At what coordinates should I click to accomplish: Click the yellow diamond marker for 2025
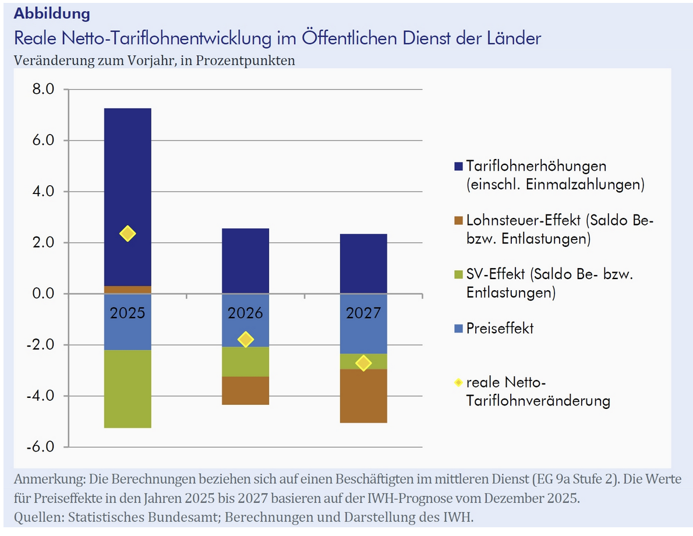point(128,234)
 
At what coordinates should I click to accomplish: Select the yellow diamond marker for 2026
point(246,339)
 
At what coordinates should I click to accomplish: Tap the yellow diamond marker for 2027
point(363,363)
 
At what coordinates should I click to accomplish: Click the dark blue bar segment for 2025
point(128,175)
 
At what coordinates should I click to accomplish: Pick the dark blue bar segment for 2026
point(246,260)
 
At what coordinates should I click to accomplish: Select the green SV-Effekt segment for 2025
point(128,389)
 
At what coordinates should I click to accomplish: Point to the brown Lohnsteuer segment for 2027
point(363,396)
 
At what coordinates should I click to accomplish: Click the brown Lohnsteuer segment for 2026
point(246,390)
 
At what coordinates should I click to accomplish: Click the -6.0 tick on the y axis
point(40,447)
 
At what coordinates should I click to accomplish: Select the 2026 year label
point(246,313)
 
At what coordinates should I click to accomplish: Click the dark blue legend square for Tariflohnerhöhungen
point(458,167)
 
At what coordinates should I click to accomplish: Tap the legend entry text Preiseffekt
point(500,328)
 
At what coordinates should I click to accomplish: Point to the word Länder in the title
point(510,38)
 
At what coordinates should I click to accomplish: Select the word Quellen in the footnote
point(36,517)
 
